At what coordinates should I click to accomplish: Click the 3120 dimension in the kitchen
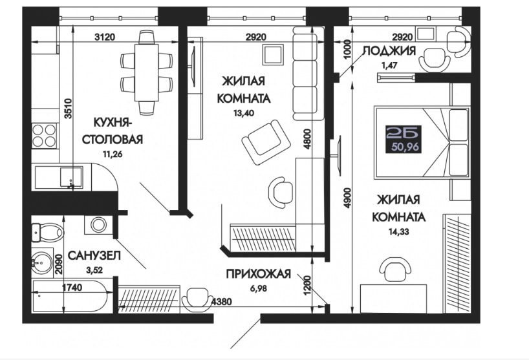(105, 36)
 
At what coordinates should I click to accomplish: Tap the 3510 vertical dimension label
(69, 108)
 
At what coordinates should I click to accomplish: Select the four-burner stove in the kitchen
(44, 136)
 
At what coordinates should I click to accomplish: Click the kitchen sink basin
(71, 177)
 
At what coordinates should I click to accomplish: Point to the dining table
(146, 72)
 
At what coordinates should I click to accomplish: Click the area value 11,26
(113, 154)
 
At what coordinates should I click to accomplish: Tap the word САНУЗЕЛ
(94, 255)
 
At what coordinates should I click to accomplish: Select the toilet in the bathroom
(48, 232)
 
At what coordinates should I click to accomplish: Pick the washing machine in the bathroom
(98, 225)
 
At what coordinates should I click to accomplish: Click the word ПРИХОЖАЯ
(259, 273)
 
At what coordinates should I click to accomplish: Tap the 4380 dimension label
(221, 301)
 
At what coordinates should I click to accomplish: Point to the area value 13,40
(244, 113)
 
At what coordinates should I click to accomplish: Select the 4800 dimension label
(307, 139)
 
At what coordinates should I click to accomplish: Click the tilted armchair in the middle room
(266, 142)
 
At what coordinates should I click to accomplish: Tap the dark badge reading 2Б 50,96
(404, 140)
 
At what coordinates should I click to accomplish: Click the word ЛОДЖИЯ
(389, 51)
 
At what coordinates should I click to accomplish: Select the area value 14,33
(398, 231)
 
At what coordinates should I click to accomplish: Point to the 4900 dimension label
(348, 198)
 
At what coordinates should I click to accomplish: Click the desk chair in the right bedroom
(395, 269)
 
